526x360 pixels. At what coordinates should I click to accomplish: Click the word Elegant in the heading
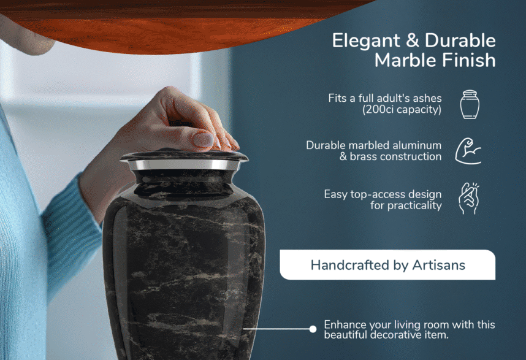click(366, 41)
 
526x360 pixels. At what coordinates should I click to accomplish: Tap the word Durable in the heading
click(460, 40)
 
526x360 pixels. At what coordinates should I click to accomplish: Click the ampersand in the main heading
click(413, 40)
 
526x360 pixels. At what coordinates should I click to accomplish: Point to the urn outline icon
click(470, 104)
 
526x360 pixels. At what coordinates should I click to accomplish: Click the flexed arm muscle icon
click(468, 151)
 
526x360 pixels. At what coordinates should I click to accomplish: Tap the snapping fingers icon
click(468, 199)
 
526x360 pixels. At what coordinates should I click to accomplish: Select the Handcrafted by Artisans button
click(387, 265)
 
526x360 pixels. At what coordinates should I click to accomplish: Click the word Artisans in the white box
click(438, 265)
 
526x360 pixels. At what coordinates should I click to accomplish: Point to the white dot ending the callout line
click(313, 329)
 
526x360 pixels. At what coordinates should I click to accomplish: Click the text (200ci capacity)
click(402, 110)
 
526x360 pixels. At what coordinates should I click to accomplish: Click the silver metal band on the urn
click(184, 165)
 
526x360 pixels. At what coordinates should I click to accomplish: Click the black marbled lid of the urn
click(184, 155)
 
